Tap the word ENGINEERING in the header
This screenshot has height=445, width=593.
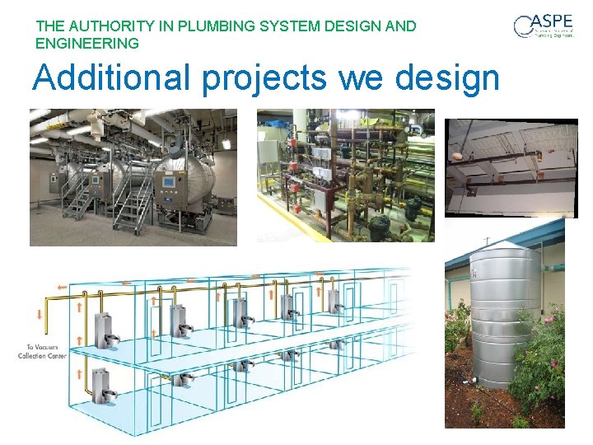(x=87, y=43)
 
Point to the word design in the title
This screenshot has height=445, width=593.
(x=447, y=79)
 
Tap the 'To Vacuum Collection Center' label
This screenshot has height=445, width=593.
(x=42, y=352)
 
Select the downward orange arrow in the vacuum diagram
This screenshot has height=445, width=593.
(x=40, y=315)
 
